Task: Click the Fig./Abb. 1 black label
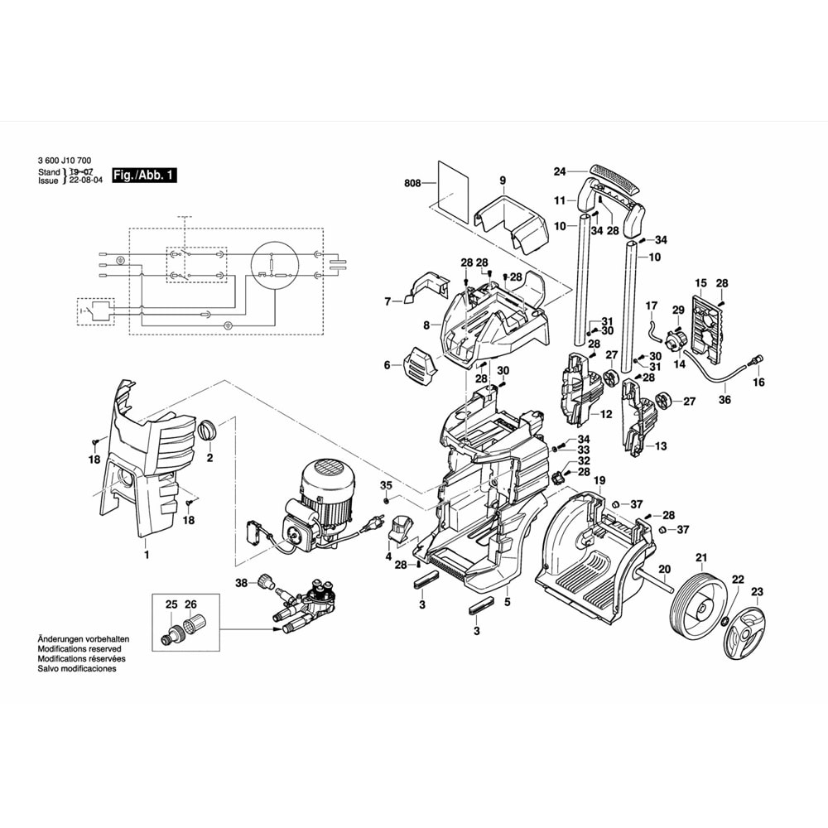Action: pyautogui.click(x=144, y=176)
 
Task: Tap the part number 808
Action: pyautogui.click(x=412, y=183)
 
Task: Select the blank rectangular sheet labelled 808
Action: pyautogui.click(x=453, y=192)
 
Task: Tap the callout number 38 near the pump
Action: pyautogui.click(x=241, y=583)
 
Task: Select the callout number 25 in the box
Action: pyautogui.click(x=171, y=604)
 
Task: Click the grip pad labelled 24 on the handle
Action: pyautogui.click(x=616, y=179)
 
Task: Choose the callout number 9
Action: pyautogui.click(x=503, y=181)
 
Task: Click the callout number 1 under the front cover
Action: pyautogui.click(x=147, y=555)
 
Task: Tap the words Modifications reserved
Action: pyautogui.click(x=79, y=649)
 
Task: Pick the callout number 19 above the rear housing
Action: pyautogui.click(x=599, y=481)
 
